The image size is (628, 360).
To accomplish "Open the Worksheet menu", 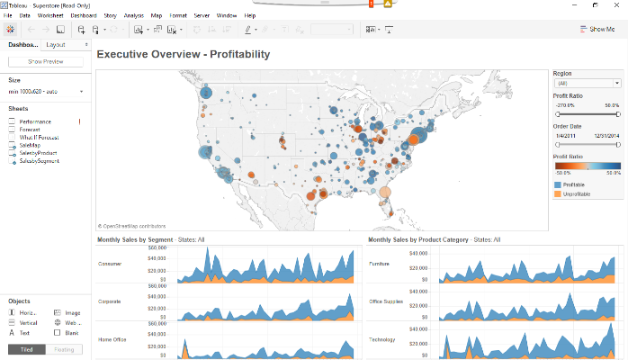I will tap(51, 16).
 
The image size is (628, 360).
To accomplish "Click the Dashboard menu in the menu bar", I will tap(84, 16).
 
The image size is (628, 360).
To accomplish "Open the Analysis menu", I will tap(133, 16).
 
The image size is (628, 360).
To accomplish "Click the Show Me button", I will tap(597, 30).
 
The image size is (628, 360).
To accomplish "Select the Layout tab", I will tap(56, 44).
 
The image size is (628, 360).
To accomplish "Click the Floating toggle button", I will tap(65, 349).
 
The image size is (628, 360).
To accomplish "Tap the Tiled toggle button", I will tap(26, 349).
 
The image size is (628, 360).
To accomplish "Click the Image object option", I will tap(72, 312).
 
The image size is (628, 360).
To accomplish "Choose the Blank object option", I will tap(72, 332).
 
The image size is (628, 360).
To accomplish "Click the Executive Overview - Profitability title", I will tap(183, 55).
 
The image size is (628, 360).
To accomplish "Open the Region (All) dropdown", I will tap(587, 82).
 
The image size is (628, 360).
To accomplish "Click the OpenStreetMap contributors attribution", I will tap(132, 226).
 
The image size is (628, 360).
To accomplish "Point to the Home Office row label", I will tap(112, 339).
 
